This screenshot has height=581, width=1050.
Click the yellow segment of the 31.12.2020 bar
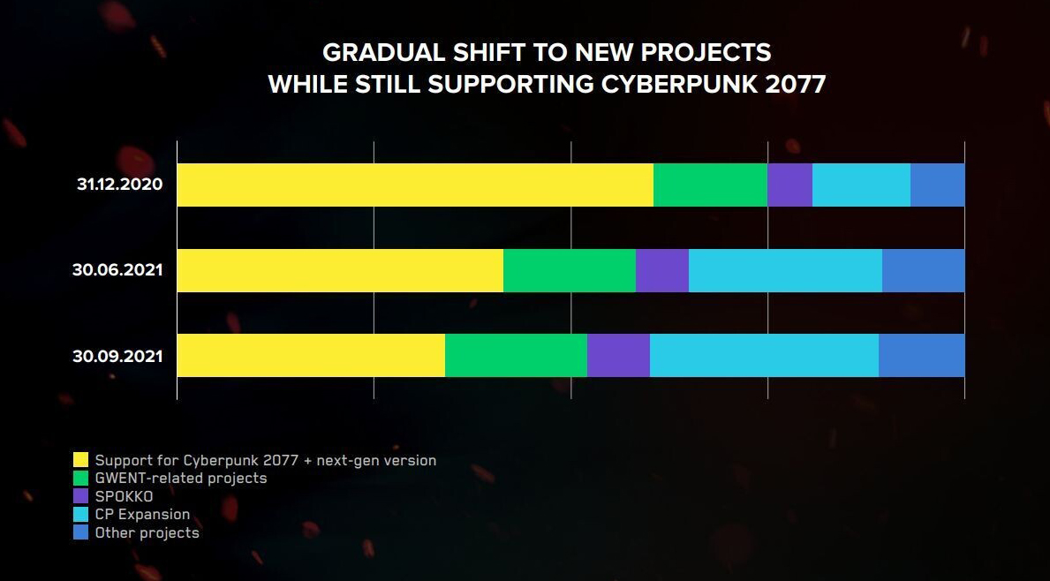(x=415, y=185)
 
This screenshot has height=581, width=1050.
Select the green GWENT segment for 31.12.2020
(x=710, y=185)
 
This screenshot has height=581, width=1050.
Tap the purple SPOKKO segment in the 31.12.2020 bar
(x=789, y=185)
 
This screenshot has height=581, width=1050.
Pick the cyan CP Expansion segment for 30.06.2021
(x=785, y=270)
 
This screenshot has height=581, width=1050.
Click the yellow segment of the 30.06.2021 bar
(x=340, y=270)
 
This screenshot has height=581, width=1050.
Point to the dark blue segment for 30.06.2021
(x=923, y=270)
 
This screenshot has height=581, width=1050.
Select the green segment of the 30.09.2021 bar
(x=516, y=356)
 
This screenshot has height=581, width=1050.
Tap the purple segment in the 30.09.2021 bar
(x=618, y=356)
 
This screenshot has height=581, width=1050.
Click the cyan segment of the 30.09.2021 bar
(x=764, y=356)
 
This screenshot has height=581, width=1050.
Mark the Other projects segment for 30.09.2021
(x=921, y=356)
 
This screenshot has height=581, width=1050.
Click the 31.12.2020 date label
(x=120, y=185)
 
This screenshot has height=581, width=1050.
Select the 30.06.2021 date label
(x=117, y=270)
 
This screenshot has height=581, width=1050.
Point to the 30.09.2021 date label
(x=117, y=357)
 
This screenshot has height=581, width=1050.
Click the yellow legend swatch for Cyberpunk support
(x=80, y=460)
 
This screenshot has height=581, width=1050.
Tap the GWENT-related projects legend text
(x=180, y=478)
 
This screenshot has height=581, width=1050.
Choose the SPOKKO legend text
(x=124, y=496)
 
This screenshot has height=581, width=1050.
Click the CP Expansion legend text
(x=142, y=514)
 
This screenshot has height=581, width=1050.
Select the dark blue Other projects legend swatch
(x=80, y=532)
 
